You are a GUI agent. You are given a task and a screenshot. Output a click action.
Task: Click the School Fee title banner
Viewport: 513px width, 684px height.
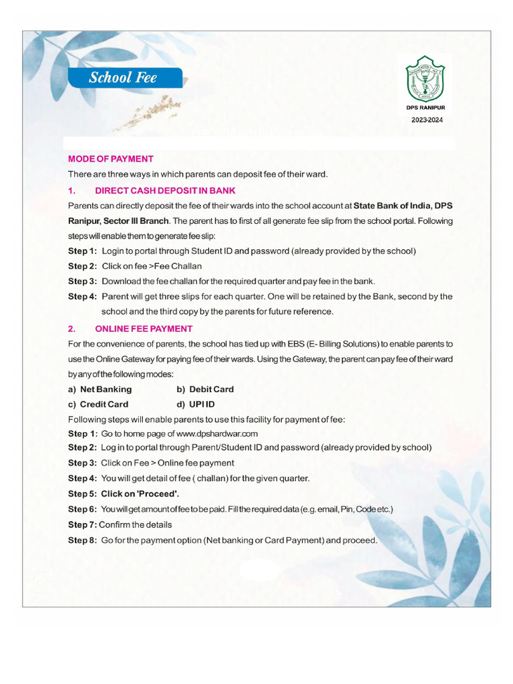pos(124,77)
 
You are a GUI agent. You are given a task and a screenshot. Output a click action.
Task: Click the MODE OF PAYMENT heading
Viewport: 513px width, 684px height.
pos(111,159)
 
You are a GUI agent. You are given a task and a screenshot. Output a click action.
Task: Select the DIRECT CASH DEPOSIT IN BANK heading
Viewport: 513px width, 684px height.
pos(165,190)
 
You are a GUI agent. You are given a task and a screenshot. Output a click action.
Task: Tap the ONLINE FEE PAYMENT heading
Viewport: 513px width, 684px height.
pos(144,329)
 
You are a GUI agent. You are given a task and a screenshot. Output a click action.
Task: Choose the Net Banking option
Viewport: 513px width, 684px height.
pos(106,389)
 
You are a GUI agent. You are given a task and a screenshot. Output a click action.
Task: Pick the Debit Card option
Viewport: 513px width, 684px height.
pos(211,389)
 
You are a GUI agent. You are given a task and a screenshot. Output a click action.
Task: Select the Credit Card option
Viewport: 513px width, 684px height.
pos(104,404)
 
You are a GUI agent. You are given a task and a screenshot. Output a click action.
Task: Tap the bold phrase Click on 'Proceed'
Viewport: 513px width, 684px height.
pos(140,494)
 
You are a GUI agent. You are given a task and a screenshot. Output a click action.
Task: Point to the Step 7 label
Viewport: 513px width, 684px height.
pos(82,524)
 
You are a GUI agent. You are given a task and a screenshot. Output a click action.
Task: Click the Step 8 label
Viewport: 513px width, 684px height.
pos(82,540)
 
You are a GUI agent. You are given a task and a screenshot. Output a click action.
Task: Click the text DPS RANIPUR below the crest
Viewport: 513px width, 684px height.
pos(425,107)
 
